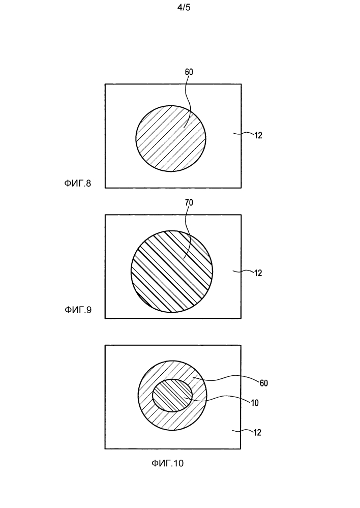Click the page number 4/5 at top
184,8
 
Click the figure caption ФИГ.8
77,184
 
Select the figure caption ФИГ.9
78,310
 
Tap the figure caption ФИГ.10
167,463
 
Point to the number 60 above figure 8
189,72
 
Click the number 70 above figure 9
189,203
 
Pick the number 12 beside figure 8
258,135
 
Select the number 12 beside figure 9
258,273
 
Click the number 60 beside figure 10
264,383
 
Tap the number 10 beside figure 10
255,403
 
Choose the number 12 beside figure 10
257,433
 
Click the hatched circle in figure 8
171,139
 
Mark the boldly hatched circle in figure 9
172,272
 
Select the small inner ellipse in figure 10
172,396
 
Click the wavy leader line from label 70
187,232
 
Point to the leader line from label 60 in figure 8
188,101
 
